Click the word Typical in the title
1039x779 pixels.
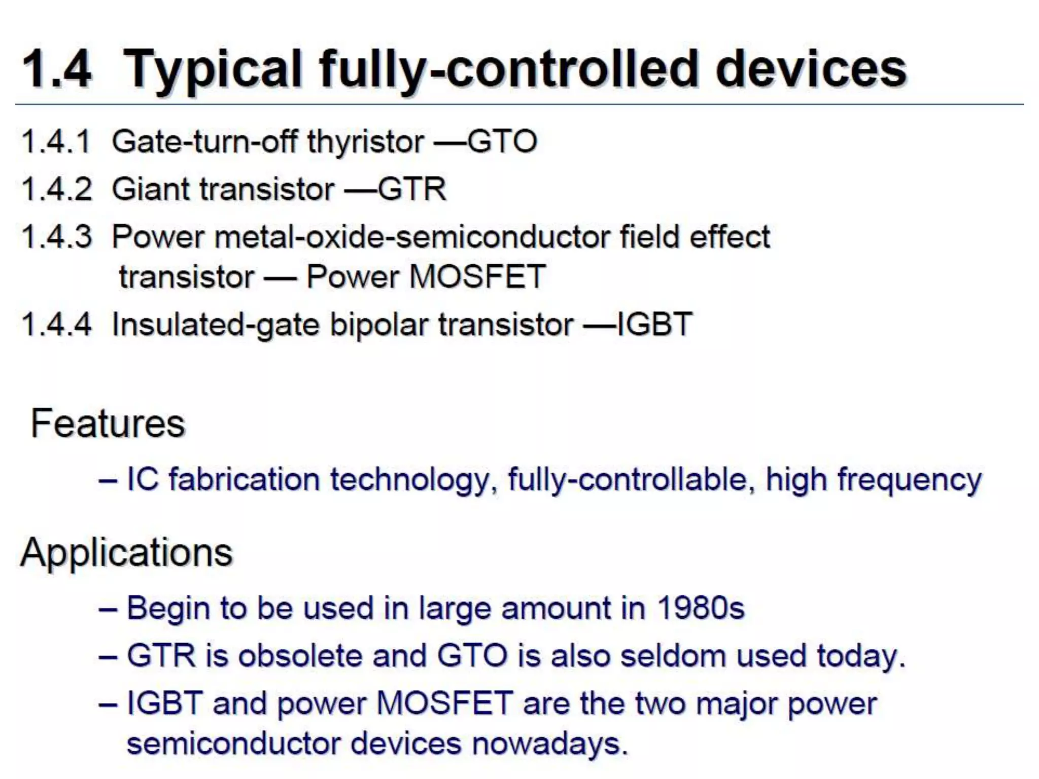click(213, 70)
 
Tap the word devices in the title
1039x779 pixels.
click(810, 69)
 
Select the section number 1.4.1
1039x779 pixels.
click(56, 141)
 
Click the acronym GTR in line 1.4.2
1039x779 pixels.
click(411, 189)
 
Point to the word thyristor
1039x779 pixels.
click(365, 142)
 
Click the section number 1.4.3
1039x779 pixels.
click(57, 237)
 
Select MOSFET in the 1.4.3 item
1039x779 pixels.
click(477, 277)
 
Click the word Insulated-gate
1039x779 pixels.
click(215, 325)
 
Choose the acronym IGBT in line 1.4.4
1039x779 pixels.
click(654, 324)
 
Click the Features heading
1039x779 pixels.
click(108, 423)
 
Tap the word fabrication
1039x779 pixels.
click(244, 479)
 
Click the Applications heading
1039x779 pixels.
click(126, 552)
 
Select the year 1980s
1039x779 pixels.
click(700, 608)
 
